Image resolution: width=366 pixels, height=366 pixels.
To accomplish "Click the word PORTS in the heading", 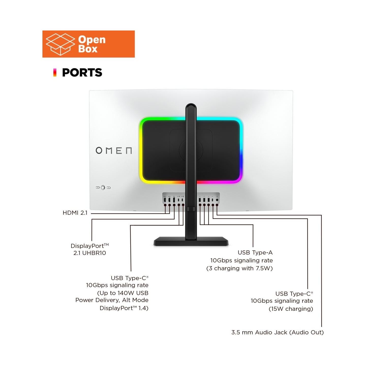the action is [x=82, y=72].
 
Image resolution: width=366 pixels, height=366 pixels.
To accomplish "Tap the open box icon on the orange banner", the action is [x=60, y=44].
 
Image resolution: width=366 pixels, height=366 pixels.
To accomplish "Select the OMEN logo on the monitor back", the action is [x=114, y=150].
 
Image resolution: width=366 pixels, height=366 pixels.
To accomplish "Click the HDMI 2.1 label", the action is [x=75, y=213].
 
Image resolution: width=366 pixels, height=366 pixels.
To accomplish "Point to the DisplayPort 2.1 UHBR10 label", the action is [x=90, y=249].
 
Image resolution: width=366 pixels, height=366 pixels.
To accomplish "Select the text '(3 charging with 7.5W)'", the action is [x=239, y=268].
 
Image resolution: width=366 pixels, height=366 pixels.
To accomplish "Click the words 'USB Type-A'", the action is [x=255, y=252].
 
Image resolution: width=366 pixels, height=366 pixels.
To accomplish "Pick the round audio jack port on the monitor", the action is [x=217, y=200].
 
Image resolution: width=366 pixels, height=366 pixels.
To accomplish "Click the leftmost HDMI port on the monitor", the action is [x=165, y=200].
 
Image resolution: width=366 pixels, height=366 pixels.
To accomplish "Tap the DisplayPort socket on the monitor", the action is [x=174, y=200].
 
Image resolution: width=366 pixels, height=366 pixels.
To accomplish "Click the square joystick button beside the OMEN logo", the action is [x=103, y=188].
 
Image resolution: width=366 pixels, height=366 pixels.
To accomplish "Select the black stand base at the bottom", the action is [x=191, y=241].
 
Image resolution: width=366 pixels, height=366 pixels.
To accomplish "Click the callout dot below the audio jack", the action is [x=217, y=205].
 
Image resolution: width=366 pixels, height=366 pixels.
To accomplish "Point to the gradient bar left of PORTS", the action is [x=55, y=72].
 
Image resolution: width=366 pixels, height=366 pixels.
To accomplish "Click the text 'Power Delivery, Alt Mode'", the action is [x=112, y=300].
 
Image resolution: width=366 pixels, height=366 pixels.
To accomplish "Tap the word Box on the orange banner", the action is [x=88, y=49].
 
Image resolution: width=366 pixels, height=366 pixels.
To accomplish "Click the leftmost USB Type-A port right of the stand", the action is [x=200, y=200].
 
